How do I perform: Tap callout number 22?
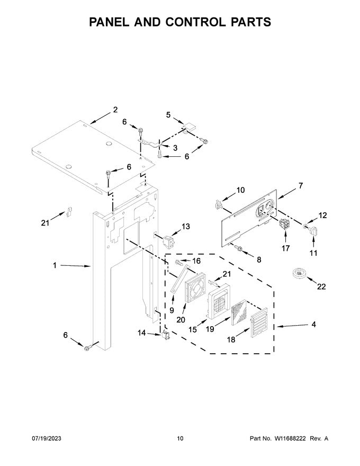coord(321,286)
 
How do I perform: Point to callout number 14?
coord(141,333)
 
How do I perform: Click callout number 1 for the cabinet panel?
coord(55,266)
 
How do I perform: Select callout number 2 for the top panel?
coord(115,110)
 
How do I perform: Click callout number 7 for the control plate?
coord(300,186)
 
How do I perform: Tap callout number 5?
coord(168,114)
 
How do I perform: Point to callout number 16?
coord(196,261)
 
